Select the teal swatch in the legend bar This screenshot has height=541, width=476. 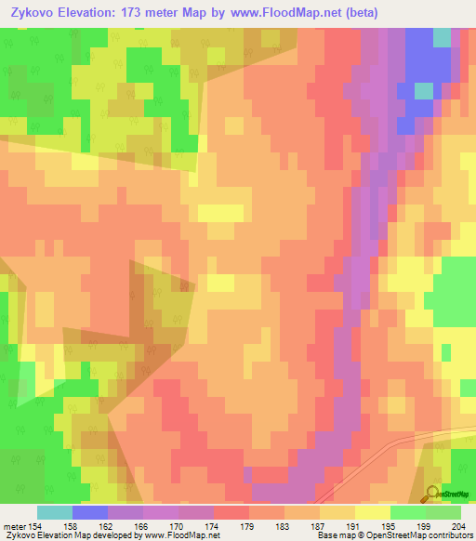[55, 512]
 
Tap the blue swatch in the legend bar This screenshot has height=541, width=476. [90, 512]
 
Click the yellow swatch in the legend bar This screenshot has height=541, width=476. [372, 512]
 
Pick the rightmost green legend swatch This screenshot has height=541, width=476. [443, 512]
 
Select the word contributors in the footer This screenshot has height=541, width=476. [445, 535]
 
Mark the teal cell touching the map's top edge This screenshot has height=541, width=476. [442, 36]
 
